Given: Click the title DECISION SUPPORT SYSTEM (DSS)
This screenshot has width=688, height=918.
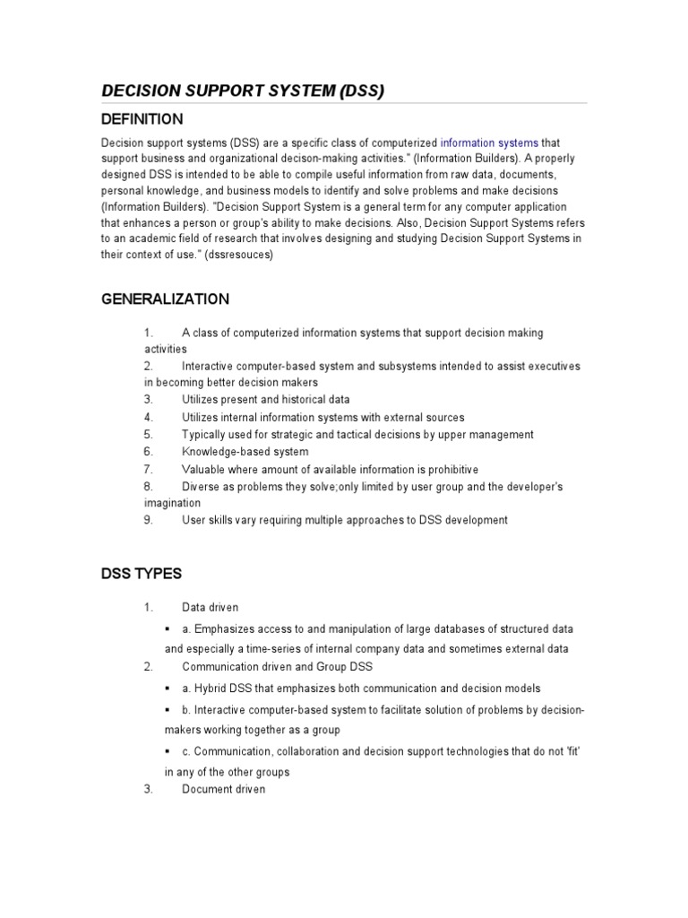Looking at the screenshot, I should [242, 91].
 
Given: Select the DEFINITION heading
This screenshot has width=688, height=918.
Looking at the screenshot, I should [142, 119].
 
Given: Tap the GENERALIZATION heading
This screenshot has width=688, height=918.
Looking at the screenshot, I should [165, 299].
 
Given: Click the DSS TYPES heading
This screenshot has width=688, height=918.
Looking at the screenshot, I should [141, 573].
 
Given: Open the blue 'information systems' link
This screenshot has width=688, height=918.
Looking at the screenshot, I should [489, 143].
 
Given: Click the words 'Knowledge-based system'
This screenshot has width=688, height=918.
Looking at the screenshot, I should [245, 452].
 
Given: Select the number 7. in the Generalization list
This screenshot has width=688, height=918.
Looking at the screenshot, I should [149, 469].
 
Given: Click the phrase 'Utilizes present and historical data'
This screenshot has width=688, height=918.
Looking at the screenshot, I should [265, 400].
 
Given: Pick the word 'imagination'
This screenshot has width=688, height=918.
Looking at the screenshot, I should [174, 503].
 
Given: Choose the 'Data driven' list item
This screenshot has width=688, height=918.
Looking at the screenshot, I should [210, 607].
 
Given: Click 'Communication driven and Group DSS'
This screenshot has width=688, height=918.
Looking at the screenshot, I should [278, 666].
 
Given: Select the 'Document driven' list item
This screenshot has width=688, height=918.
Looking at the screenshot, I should [223, 789].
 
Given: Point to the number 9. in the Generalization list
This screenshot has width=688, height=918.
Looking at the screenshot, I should [149, 520].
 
